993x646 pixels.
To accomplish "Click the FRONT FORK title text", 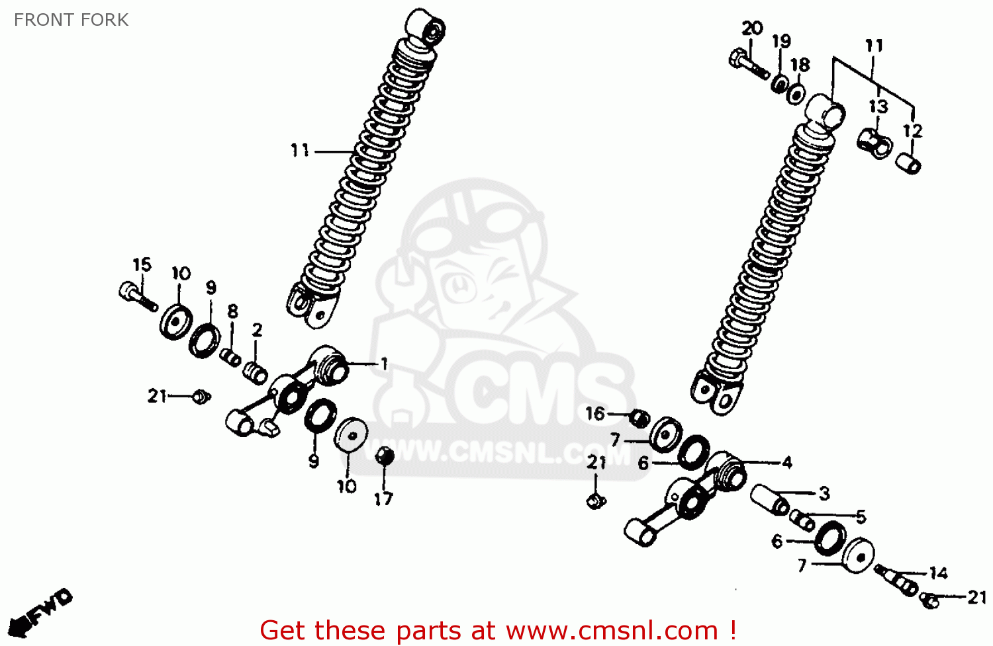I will [71, 20].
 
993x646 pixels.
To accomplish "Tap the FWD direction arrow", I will [44, 611].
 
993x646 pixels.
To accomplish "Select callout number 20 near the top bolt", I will [752, 28].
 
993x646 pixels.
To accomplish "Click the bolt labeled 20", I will [746, 63].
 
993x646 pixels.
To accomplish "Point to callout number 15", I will [142, 265].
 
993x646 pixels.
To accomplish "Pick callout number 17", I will [383, 499].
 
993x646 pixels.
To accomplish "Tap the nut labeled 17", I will [384, 456].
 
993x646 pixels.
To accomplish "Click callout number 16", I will [595, 414].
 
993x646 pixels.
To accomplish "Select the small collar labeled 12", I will [908, 163].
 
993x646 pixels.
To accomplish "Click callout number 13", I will [878, 106].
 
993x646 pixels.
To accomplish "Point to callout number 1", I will [383, 364].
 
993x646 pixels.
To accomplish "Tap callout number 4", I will [786, 462].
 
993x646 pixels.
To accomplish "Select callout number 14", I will [938, 573].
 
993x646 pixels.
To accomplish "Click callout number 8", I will [232, 311].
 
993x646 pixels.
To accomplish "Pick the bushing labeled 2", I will [255, 372].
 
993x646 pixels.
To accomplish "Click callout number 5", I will [860, 516].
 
